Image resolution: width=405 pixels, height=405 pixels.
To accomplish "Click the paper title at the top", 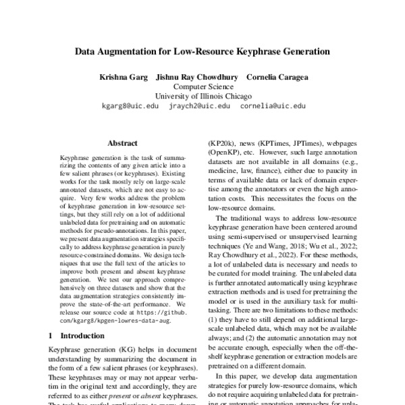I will (202, 51).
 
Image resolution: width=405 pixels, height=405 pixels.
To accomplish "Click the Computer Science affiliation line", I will (202, 86).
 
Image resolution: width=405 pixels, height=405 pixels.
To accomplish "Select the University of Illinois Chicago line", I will (202, 96).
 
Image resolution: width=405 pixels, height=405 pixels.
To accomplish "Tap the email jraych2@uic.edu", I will (199, 106).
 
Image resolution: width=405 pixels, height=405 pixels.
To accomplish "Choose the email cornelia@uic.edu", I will (273, 106).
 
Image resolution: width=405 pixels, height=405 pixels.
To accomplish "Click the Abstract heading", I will (122, 143).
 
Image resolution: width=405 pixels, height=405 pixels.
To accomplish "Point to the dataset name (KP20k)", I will (223, 144).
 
